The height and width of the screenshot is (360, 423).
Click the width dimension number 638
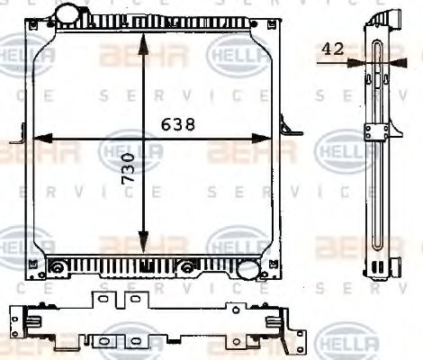point(179,125)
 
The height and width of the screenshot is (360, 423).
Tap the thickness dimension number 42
point(332,50)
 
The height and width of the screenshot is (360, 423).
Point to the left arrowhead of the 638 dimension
point(39,139)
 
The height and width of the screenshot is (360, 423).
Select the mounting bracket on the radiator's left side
point(21,139)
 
